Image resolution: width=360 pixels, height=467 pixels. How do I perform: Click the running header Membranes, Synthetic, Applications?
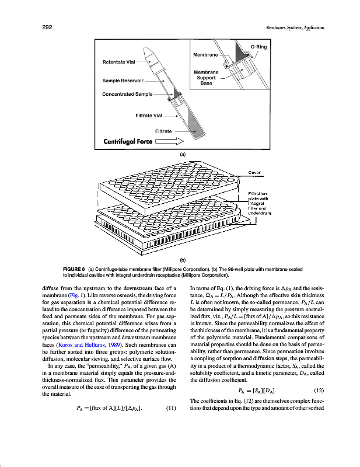[295, 27]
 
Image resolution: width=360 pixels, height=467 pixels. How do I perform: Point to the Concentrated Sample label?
[127, 93]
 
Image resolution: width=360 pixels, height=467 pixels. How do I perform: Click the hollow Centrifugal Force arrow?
[173, 141]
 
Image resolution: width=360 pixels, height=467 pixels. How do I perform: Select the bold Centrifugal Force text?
[129, 141]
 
